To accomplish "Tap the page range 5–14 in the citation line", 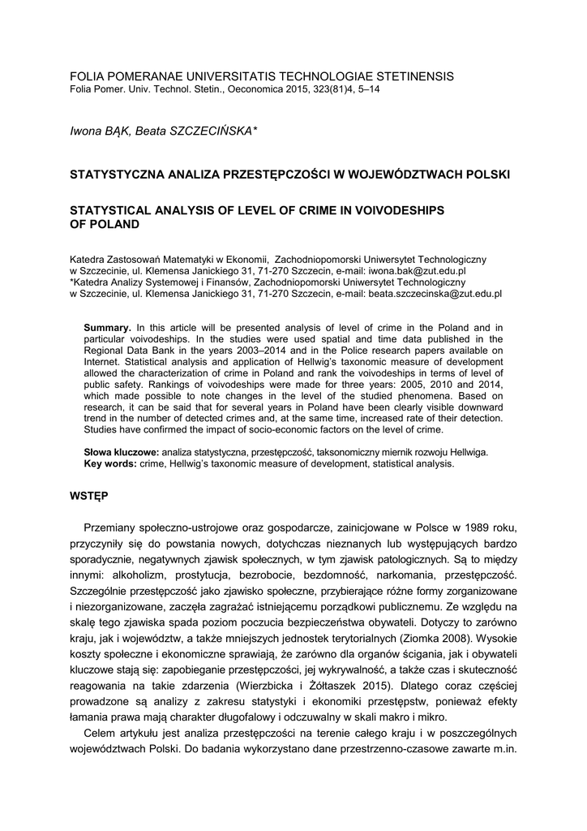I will [366, 88].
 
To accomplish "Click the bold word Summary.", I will [108, 327].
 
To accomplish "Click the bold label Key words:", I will [111, 464].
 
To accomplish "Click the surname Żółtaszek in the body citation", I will [337, 683].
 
